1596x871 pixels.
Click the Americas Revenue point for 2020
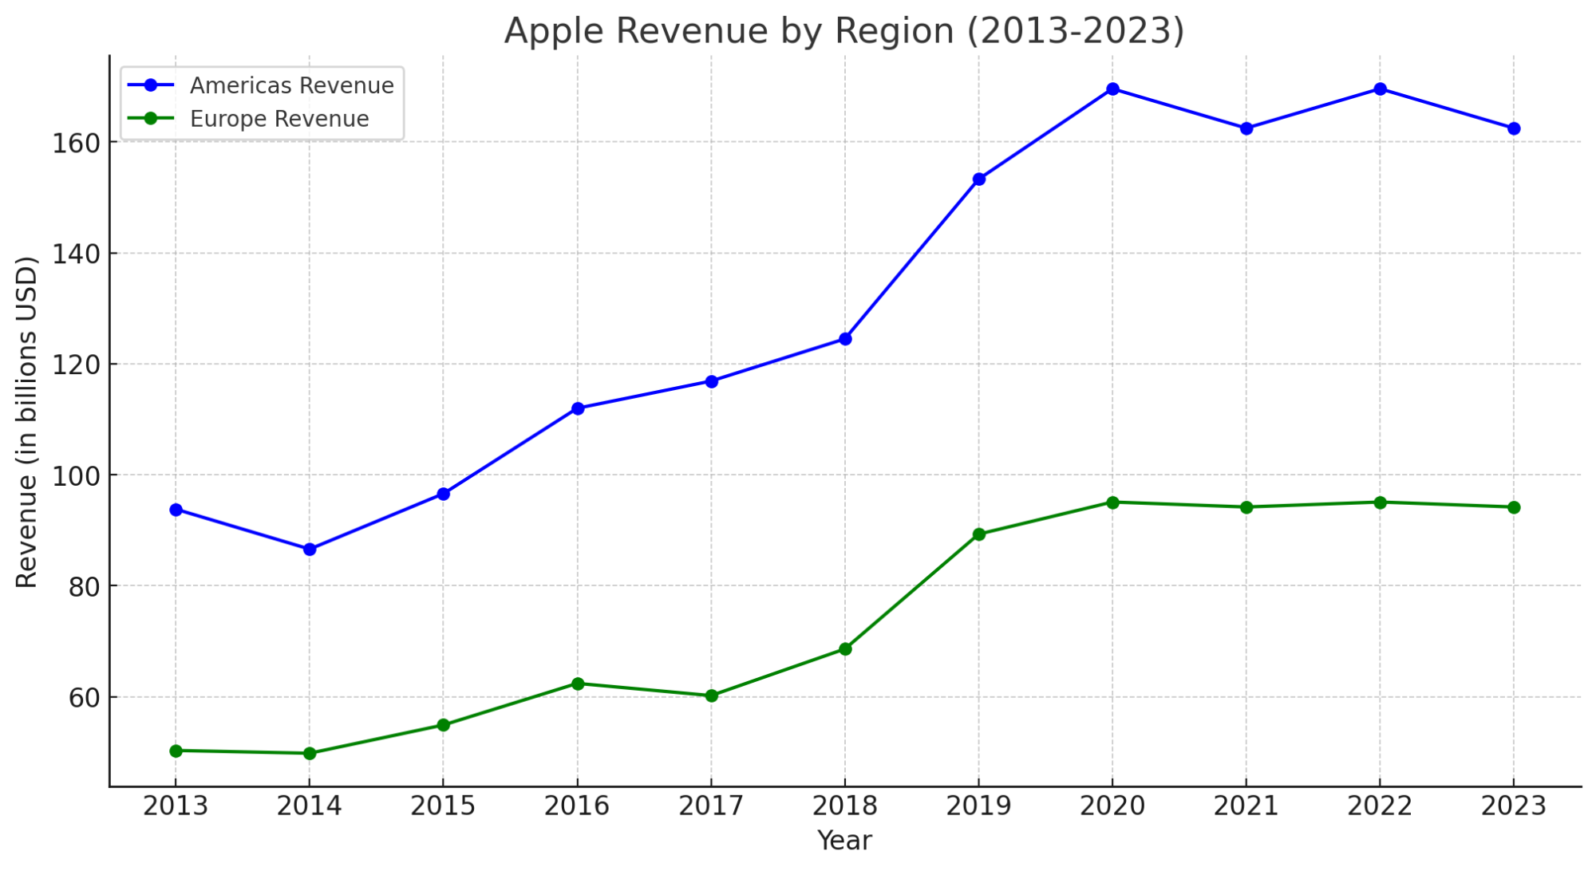pyautogui.click(x=1112, y=89)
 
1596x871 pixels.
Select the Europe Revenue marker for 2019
pyautogui.click(x=979, y=534)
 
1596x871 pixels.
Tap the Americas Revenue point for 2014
pyautogui.click(x=310, y=550)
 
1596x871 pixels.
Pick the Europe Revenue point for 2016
pyautogui.click(x=578, y=684)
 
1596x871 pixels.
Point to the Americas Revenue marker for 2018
pyautogui.click(x=845, y=339)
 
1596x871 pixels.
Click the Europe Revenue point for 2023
pyautogui.click(x=1514, y=507)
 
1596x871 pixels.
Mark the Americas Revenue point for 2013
pyautogui.click(x=176, y=510)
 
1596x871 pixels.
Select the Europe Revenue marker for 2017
pyautogui.click(x=711, y=696)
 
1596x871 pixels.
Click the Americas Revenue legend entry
pyautogui.click(x=291, y=86)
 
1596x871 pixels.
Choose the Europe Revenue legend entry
pyautogui.click(x=279, y=120)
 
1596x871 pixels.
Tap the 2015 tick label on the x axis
pyautogui.click(x=443, y=806)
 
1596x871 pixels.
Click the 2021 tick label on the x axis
pyautogui.click(x=1246, y=806)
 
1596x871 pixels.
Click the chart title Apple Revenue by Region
pyautogui.click(x=844, y=30)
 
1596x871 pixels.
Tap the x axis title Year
pyautogui.click(x=844, y=841)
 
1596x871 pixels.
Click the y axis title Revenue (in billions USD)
pyautogui.click(x=27, y=422)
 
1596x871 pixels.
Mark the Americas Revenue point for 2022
pyautogui.click(x=1380, y=89)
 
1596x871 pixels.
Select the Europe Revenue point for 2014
pyautogui.click(x=310, y=753)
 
